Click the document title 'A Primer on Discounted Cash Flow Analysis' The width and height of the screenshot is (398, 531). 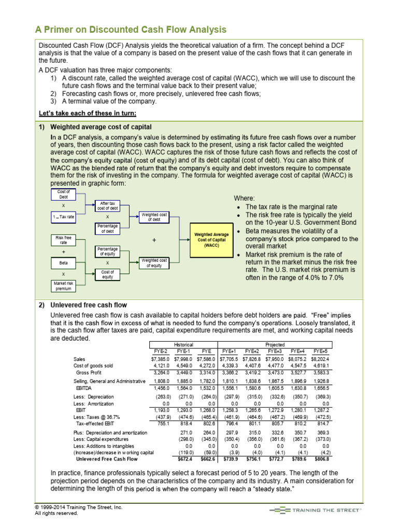130,29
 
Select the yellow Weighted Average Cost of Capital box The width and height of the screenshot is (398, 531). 211,241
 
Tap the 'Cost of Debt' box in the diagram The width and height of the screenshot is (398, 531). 64,194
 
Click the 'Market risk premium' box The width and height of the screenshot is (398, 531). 64,286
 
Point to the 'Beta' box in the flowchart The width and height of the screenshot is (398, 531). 64,263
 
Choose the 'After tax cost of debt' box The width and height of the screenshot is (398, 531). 107,205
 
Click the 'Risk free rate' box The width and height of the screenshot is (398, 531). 64,240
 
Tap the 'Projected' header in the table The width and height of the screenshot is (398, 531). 275,344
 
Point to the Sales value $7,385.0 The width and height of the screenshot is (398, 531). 160,359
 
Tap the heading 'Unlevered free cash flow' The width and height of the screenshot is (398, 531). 89,305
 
